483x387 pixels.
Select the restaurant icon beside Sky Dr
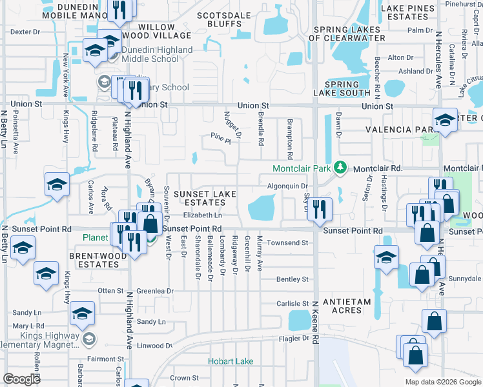coord(320,210)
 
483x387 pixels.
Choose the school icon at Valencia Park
coord(445,121)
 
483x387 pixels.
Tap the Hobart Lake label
coord(231,361)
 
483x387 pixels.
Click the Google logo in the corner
coord(22,379)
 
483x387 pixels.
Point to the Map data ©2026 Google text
coord(442,382)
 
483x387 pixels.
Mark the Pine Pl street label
coord(220,136)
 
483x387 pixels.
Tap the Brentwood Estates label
coord(98,260)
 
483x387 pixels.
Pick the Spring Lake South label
coord(342,89)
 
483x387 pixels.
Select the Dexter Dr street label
coord(26,31)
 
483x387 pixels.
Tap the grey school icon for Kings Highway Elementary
coord(88,338)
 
